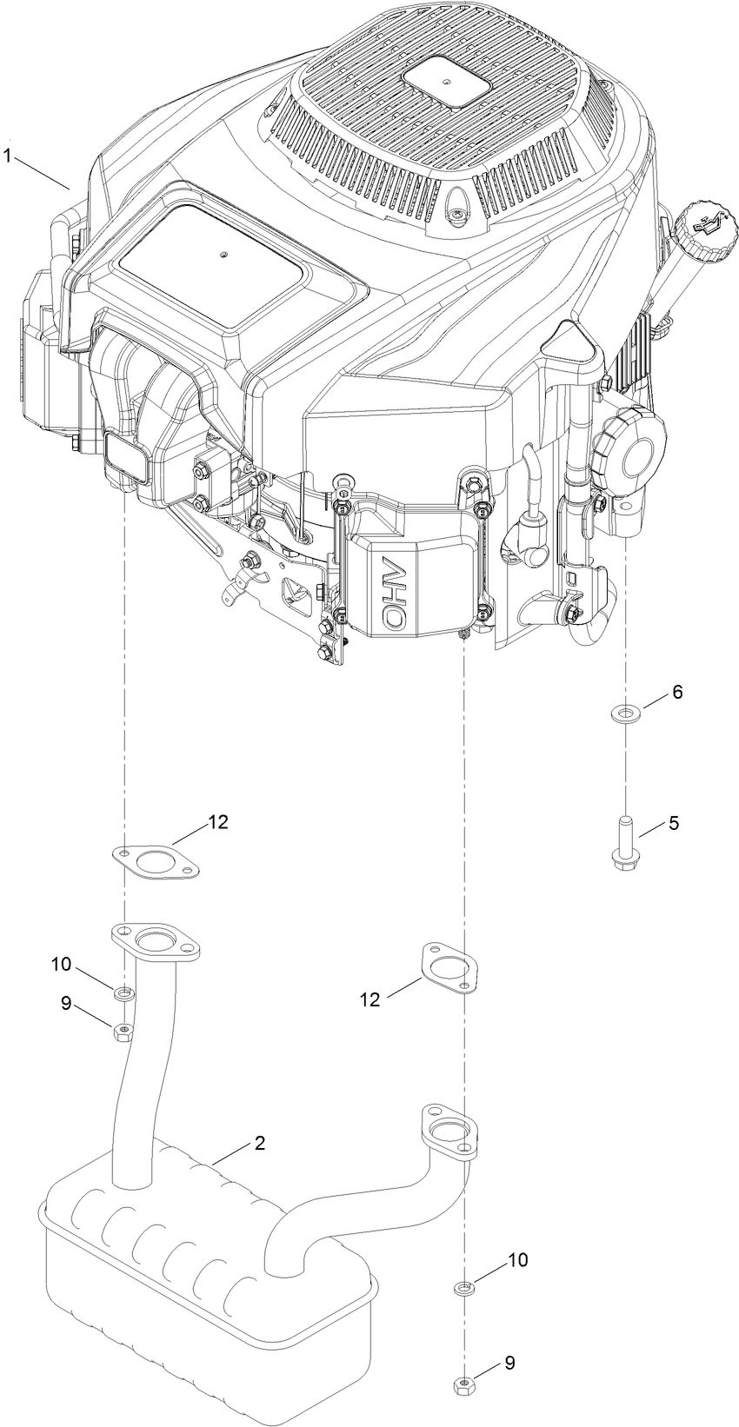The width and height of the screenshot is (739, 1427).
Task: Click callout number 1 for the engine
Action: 8,157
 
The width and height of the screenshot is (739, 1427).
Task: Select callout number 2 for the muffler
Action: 259,1144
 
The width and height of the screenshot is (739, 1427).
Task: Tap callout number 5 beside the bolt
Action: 674,822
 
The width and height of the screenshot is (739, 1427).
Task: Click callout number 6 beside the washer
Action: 677,692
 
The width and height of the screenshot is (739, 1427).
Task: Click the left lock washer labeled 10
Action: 124,992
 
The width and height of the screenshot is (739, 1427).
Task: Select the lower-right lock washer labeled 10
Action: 464,1287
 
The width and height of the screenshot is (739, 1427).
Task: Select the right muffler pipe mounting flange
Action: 447,1131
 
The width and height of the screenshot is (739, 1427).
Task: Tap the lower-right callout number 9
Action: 509,1363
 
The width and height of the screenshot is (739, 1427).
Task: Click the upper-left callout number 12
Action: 217,822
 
